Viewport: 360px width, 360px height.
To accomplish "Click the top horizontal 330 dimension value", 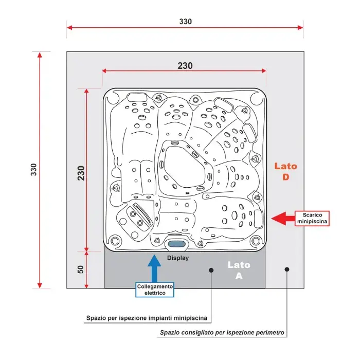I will click(185, 22).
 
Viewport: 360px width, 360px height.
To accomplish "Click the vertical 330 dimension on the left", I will click(34, 169).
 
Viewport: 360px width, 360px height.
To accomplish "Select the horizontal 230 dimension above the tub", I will click(185, 66).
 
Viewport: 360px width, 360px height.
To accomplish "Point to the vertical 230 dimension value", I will click(81, 169).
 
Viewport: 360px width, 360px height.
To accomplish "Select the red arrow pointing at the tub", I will click(282, 218).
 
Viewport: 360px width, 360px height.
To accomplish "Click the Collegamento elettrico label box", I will click(155, 290).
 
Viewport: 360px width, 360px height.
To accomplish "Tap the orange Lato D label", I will click(285, 171).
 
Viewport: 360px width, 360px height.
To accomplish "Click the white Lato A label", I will click(239, 270).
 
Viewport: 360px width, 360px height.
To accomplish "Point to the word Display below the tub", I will click(178, 258).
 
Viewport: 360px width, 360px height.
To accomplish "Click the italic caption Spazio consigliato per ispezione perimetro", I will click(222, 333).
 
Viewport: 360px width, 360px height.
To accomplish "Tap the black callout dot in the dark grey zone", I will click(211, 269).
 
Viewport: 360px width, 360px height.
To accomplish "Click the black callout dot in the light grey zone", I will click(287, 269).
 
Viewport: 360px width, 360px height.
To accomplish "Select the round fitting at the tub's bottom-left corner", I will click(116, 239).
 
